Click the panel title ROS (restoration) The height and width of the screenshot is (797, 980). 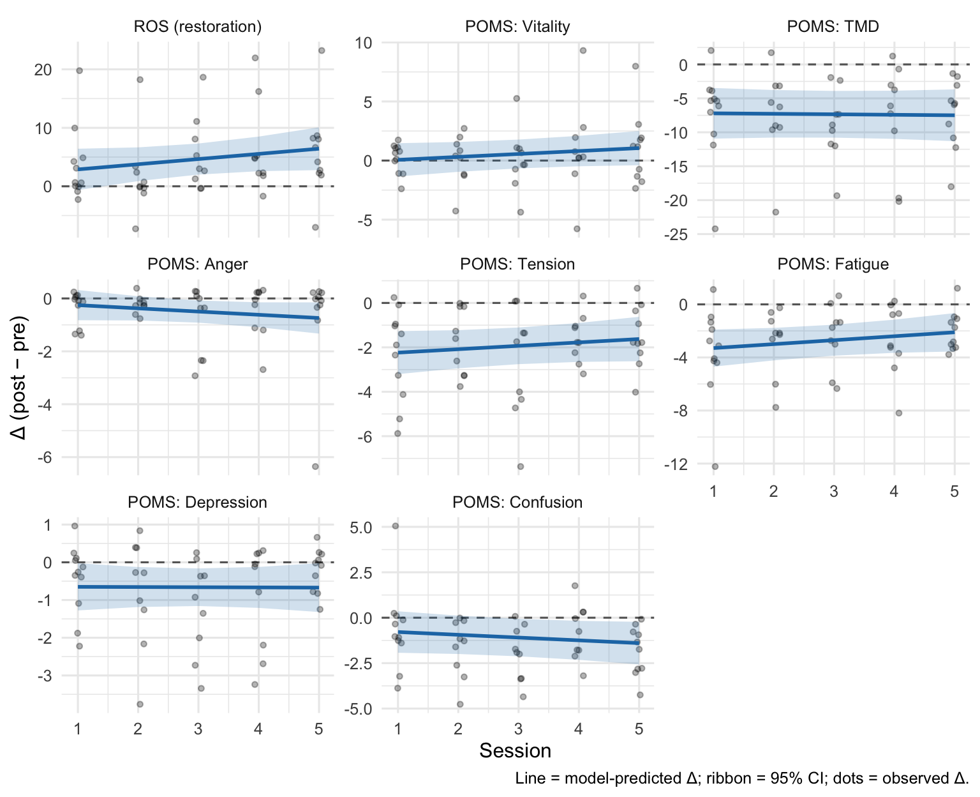pos(198,27)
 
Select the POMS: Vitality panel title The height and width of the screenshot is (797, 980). pos(517,27)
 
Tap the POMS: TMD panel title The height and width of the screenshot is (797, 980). pos(833,27)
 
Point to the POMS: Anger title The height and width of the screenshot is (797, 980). pos(198,264)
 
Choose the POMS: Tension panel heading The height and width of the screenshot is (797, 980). pos(517,264)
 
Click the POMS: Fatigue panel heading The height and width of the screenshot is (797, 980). pos(833,264)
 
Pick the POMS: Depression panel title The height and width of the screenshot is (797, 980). pos(198,503)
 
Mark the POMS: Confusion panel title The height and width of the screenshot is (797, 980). pos(517,503)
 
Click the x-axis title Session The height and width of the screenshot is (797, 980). pos(515,751)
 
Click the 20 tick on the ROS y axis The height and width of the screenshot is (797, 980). pos(43,70)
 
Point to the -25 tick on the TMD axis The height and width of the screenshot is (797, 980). pos(676,234)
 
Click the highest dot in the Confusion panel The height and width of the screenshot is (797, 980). pos(396,526)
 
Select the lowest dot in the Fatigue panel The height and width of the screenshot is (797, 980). pos(715,467)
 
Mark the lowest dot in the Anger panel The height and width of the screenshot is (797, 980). pos(315,467)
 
